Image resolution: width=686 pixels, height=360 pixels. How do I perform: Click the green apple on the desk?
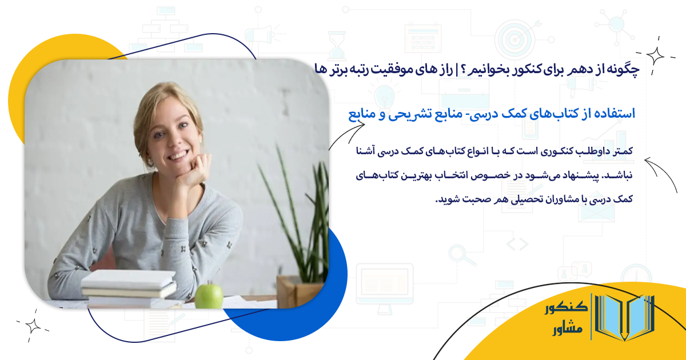[x=209, y=295]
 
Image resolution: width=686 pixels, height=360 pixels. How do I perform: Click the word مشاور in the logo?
[x=567, y=330]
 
